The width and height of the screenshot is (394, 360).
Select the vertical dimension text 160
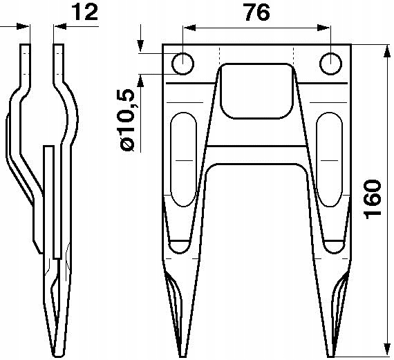[x=371, y=200]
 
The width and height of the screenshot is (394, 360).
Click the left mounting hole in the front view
[x=182, y=63]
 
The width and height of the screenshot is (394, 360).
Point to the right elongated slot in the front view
[x=330, y=159]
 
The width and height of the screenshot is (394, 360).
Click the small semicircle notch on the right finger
[x=334, y=246]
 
